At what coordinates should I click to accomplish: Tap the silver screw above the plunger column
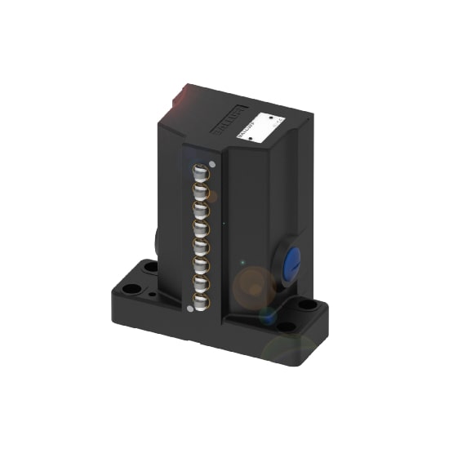[x=211, y=164]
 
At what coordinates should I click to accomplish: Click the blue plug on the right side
[x=291, y=264]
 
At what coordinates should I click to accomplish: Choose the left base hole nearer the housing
[x=151, y=266]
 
